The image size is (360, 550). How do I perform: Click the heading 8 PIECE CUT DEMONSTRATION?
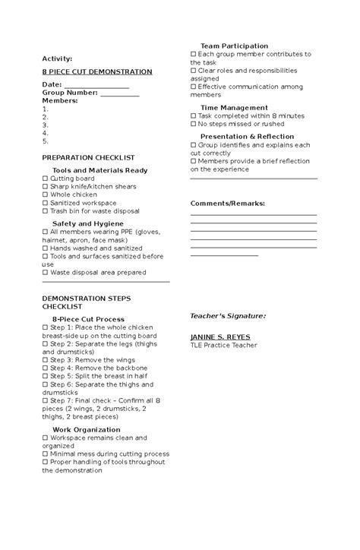(97, 71)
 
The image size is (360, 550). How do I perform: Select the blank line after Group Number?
(119, 93)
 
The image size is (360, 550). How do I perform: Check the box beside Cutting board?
(46, 179)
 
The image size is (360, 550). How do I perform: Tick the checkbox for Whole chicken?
(46, 194)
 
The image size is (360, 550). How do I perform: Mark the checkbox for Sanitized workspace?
(46, 203)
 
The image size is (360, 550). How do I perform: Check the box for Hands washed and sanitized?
(46, 248)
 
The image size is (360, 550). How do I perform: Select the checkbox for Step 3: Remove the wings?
(46, 359)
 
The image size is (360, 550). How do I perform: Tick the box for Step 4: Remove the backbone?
(46, 368)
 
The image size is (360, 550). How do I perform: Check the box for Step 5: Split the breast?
(46, 376)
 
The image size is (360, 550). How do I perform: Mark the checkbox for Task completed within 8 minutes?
(193, 115)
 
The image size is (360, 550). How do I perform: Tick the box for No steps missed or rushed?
(193, 124)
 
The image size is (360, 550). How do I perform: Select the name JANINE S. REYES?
(220, 337)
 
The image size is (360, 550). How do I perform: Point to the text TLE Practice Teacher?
(223, 345)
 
